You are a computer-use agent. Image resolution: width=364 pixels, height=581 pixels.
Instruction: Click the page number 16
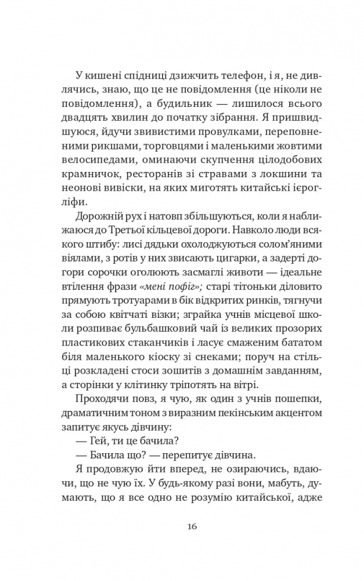[193, 527]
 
